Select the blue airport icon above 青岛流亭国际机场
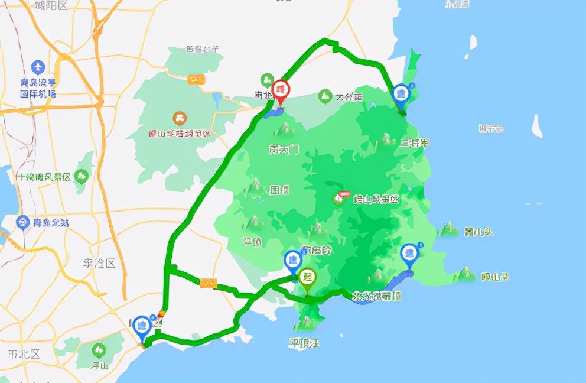pyautogui.click(x=38, y=66)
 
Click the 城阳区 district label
pyautogui.click(x=51, y=5)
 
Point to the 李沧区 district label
pyautogui.click(x=99, y=263)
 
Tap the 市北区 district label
pyautogui.click(x=24, y=354)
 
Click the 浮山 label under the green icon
pyautogui.click(x=98, y=365)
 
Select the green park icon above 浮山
pyautogui.click(x=98, y=349)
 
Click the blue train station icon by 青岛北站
pyautogui.click(x=22, y=222)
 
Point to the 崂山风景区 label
pyautogui.click(x=376, y=199)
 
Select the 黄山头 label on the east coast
pyautogui.click(x=478, y=232)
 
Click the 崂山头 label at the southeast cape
pyautogui.click(x=495, y=276)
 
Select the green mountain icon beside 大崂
pyautogui.click(x=324, y=95)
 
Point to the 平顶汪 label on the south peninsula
pyautogui.click(x=304, y=343)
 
